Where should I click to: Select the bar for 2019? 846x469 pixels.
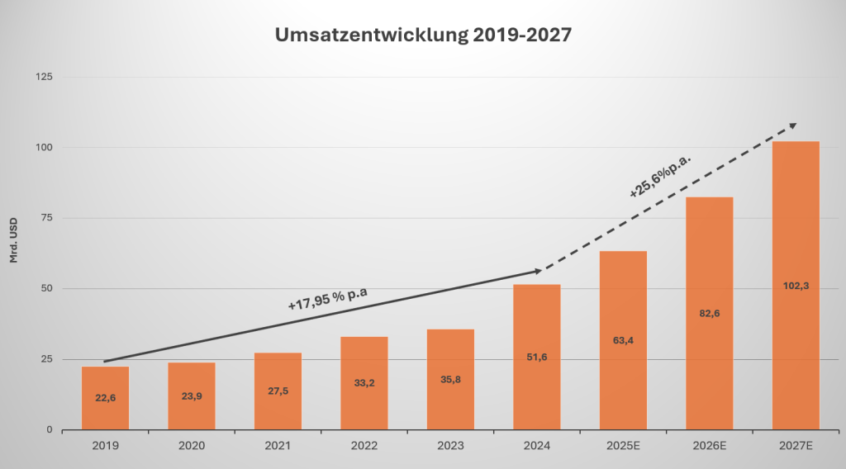tap(105, 398)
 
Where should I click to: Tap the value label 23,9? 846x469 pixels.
tap(191, 396)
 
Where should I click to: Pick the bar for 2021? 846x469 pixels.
tap(278, 391)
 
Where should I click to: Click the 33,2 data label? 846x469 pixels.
tap(364, 382)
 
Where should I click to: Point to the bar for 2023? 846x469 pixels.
tap(450, 379)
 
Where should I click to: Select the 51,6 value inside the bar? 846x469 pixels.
tap(536, 356)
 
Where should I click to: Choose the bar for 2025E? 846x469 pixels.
tap(623, 340)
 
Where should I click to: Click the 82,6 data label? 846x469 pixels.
tap(709, 312)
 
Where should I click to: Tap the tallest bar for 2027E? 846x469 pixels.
tap(796, 285)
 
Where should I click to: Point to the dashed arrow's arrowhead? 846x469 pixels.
tap(792, 125)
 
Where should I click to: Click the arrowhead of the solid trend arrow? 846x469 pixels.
tap(538, 271)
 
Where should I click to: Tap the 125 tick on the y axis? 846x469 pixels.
tap(43, 77)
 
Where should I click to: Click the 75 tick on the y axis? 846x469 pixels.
tap(45, 218)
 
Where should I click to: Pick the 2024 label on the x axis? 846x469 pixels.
tap(536, 445)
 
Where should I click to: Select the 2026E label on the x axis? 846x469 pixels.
tap(709, 445)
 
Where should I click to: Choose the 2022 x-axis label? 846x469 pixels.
tap(364, 445)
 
